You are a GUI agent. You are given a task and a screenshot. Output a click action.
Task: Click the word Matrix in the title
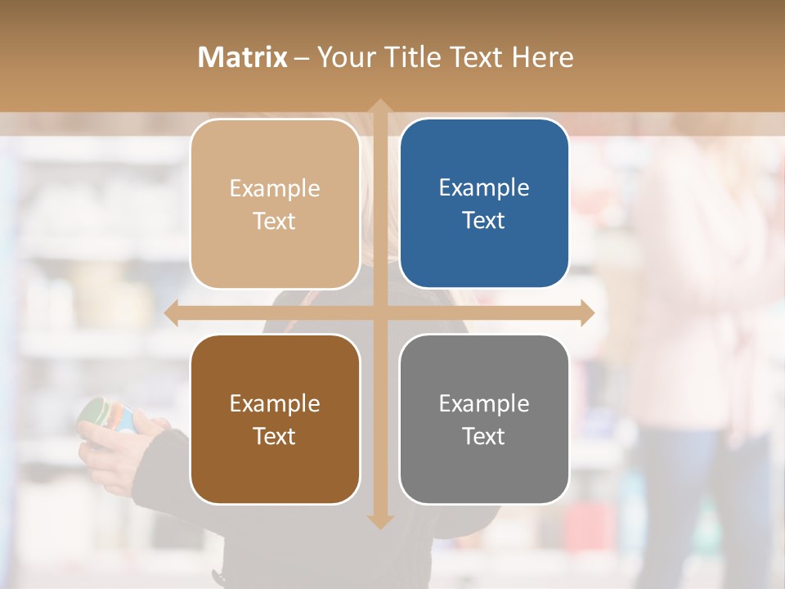(242, 57)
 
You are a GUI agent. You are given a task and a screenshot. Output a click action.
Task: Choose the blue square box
(484, 203)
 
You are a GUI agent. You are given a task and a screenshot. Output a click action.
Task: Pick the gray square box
(484, 419)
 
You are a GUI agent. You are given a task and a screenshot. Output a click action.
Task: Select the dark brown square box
(275, 419)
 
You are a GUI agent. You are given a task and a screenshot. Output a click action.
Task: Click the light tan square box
(275, 204)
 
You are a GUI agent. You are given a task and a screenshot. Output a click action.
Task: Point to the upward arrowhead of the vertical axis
(379, 106)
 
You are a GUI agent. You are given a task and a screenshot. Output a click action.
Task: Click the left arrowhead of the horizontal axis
(171, 313)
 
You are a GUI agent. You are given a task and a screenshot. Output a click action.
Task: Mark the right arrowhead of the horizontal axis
(587, 313)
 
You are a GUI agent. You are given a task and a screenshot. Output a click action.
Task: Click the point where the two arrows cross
(379, 313)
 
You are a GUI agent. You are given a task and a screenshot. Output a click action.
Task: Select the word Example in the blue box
(484, 187)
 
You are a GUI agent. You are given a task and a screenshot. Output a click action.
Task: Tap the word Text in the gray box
(484, 436)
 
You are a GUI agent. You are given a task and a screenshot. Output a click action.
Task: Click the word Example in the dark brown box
(275, 403)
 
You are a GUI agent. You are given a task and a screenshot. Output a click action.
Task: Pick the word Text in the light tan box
(275, 221)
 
